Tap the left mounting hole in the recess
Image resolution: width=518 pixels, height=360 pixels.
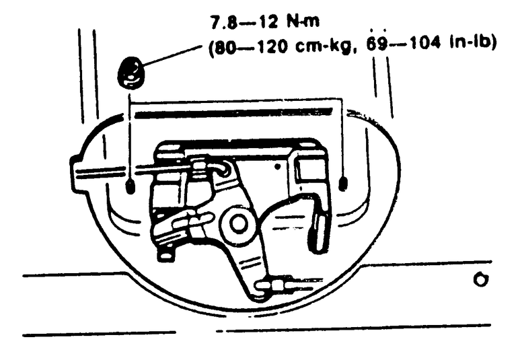coord(131,186)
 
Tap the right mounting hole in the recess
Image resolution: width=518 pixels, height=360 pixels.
coord(344,184)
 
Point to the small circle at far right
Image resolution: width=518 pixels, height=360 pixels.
coord(480,279)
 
